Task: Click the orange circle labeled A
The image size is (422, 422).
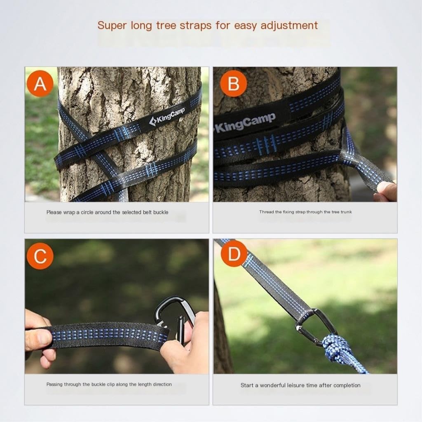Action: (x=40, y=83)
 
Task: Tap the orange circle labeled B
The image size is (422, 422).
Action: (x=233, y=83)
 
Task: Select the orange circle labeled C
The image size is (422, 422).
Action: (x=40, y=256)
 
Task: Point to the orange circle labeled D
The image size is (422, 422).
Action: (x=234, y=253)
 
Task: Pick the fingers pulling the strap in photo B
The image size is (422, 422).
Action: (x=387, y=191)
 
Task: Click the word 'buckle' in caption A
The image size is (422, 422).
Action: (x=161, y=212)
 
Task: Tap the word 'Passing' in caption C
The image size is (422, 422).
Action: (x=54, y=384)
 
